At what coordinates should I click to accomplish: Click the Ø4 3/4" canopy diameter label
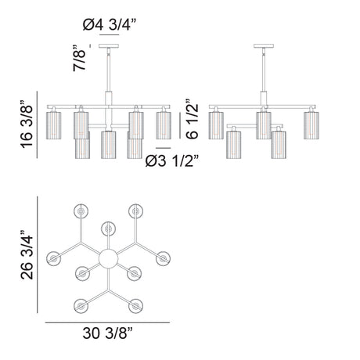click(110, 25)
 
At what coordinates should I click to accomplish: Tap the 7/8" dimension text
click(79, 58)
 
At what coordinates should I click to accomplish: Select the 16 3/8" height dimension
click(27, 124)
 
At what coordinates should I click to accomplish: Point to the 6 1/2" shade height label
click(192, 119)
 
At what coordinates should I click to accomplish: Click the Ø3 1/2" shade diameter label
click(172, 161)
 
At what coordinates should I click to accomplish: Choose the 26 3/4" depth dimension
click(27, 255)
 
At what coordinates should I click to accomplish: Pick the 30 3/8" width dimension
click(108, 333)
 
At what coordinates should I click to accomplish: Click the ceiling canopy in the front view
click(109, 46)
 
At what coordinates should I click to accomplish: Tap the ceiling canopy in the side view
click(264, 46)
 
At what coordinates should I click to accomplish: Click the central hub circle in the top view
click(108, 258)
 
